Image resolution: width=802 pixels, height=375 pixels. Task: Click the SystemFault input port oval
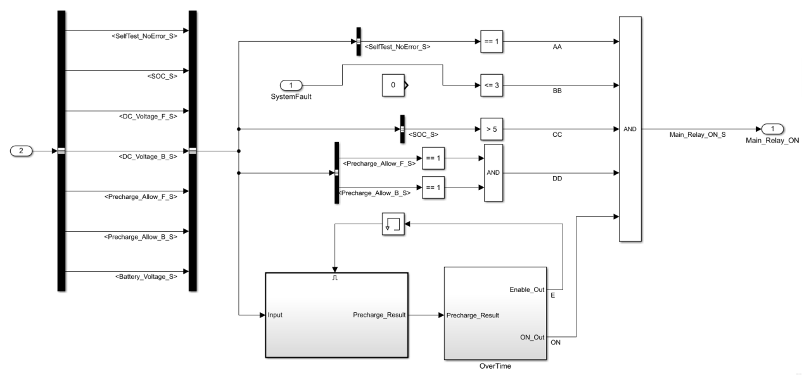[291, 85]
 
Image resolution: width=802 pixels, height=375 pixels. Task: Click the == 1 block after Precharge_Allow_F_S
[434, 158]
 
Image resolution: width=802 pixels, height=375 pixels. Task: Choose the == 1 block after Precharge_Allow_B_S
[434, 187]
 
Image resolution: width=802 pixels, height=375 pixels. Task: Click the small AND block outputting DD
[493, 172]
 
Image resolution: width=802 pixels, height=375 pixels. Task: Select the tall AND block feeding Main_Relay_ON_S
[630, 129]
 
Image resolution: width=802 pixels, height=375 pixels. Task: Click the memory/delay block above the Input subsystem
[393, 224]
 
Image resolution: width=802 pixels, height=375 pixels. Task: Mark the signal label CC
[558, 135]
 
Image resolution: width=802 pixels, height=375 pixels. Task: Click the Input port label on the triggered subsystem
[276, 314]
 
